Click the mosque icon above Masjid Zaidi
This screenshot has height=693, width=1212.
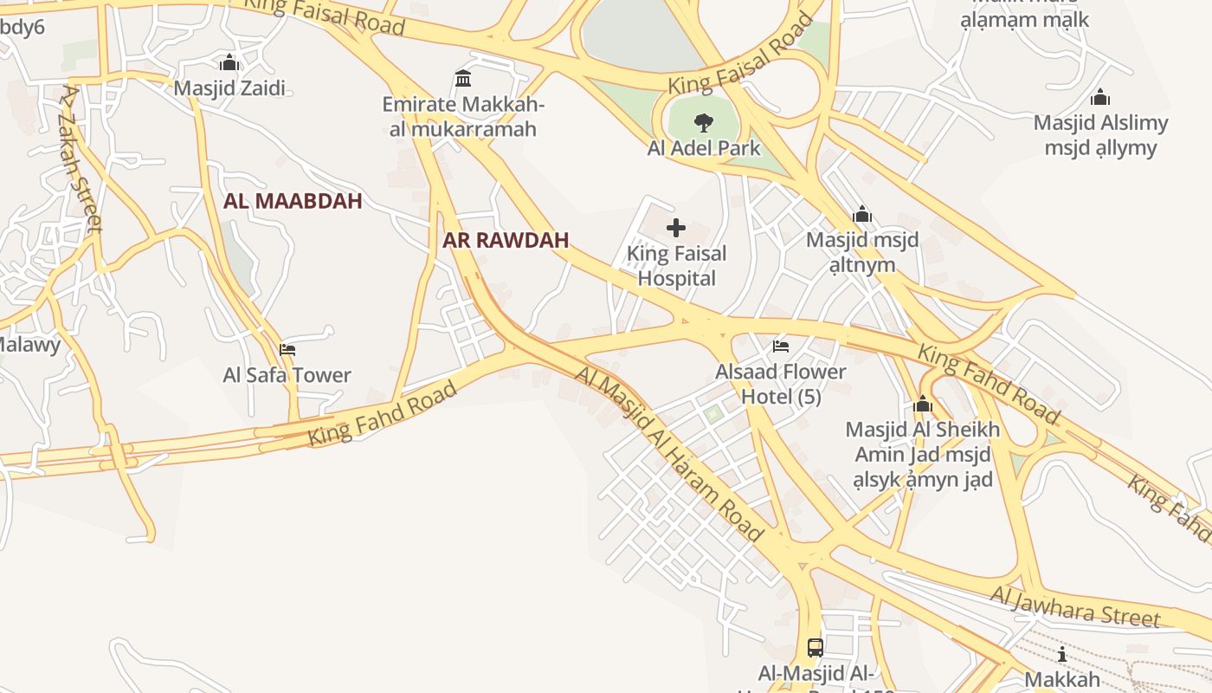(x=229, y=62)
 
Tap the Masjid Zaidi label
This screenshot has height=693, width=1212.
(x=229, y=87)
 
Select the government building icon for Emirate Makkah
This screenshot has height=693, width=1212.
(x=463, y=79)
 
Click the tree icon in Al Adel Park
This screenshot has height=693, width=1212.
(x=704, y=123)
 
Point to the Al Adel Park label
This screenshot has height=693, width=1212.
(x=704, y=147)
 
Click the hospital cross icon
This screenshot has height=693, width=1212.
(x=676, y=228)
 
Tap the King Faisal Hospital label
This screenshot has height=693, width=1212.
(x=676, y=266)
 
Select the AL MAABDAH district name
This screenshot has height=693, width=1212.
(x=293, y=201)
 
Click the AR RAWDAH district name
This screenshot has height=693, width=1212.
(x=506, y=241)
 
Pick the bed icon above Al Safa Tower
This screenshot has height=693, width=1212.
(x=287, y=350)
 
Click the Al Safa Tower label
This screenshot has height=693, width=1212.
(x=287, y=375)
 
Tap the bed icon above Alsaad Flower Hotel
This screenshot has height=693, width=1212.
(x=781, y=346)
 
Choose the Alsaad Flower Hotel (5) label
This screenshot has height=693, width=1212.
(x=781, y=384)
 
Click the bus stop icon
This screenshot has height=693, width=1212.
(x=816, y=647)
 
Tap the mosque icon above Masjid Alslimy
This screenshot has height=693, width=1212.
(x=1100, y=97)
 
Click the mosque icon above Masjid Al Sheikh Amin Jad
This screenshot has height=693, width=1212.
(x=923, y=405)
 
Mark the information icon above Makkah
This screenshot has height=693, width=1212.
(x=1062, y=654)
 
